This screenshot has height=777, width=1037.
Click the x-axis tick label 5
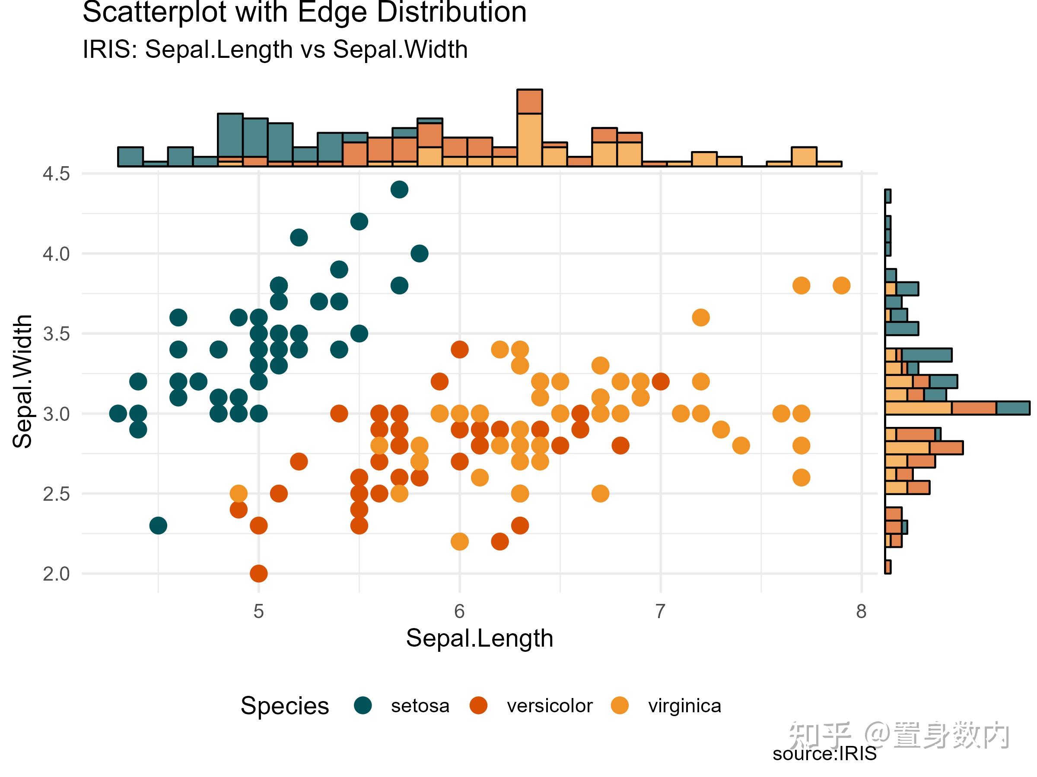tap(258, 611)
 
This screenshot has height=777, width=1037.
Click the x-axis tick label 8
tap(861, 611)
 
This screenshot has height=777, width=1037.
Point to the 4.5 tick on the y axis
tap(56, 174)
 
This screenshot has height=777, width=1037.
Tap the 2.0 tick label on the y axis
tap(56, 574)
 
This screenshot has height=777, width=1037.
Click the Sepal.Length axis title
tap(479, 638)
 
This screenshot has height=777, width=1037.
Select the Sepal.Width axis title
tap(22, 381)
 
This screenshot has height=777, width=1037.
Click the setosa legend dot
tap(363, 705)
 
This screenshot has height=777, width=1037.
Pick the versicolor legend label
tap(550, 705)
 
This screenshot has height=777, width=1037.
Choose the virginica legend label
tap(684, 705)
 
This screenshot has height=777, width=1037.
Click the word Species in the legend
tap(285, 705)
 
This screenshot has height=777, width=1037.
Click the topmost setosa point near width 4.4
tap(399, 189)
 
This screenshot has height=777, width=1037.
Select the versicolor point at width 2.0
tap(259, 573)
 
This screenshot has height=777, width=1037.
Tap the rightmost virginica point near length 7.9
tap(842, 285)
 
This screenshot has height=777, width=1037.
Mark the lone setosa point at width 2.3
tap(158, 525)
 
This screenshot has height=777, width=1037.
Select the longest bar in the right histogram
tap(956, 407)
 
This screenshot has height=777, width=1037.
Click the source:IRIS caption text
tap(824, 754)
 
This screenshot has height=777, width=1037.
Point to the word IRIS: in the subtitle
tap(110, 49)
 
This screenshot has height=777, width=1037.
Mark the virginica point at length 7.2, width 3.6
tap(700, 318)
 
